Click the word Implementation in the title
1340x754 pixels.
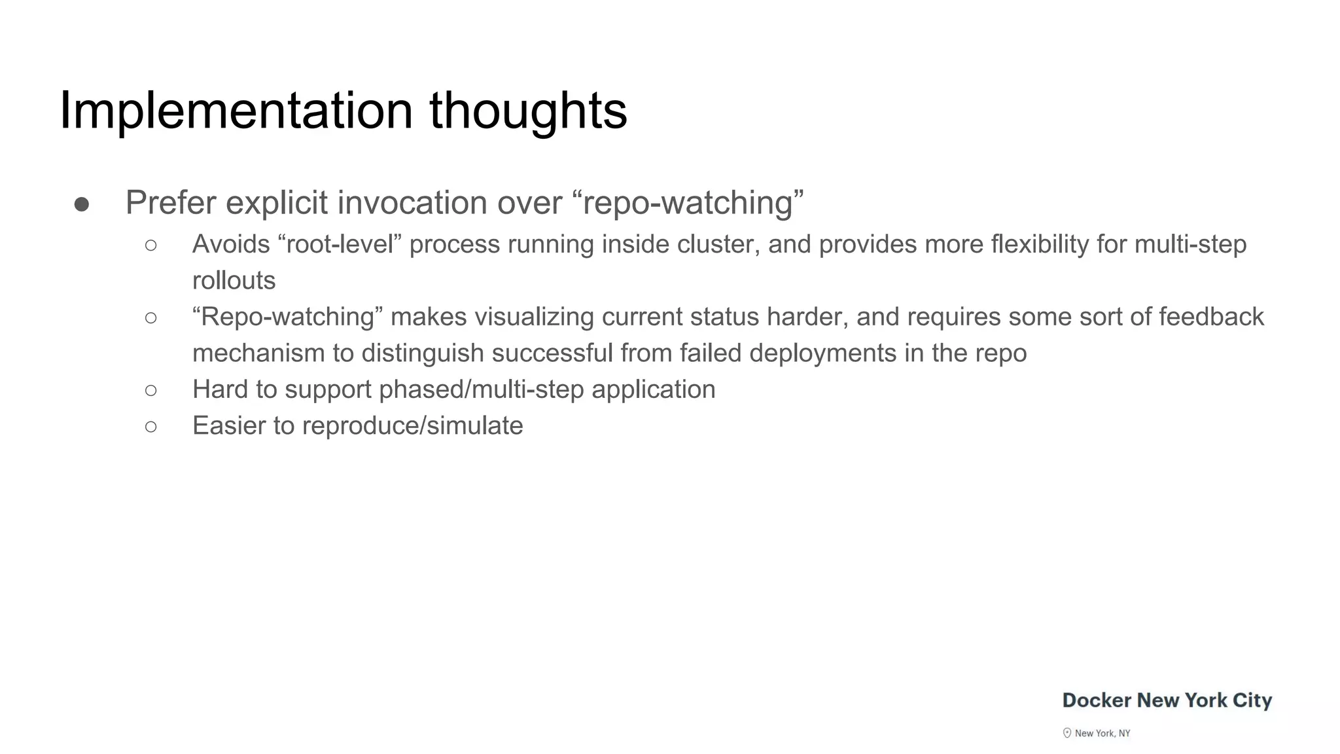click(x=236, y=111)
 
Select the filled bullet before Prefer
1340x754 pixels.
click(x=82, y=205)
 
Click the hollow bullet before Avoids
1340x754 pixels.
click(x=151, y=245)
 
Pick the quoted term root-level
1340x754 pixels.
click(x=340, y=244)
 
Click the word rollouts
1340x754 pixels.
click(x=234, y=281)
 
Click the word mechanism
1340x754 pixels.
click(x=258, y=353)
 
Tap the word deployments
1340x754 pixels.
click(x=822, y=353)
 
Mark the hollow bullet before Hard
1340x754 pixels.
click(x=151, y=391)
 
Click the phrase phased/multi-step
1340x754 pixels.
click(x=481, y=390)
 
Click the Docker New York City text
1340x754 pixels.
click(x=1167, y=700)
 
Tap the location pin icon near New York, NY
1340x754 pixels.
click(x=1067, y=733)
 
